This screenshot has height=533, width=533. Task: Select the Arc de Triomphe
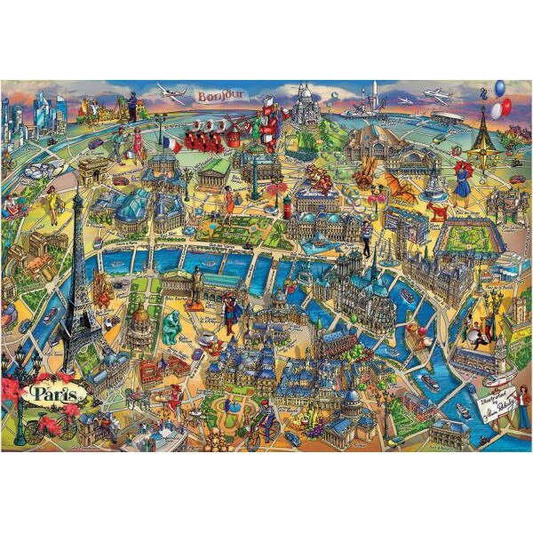(x=91, y=171)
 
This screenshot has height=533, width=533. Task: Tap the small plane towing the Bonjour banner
(x=171, y=94)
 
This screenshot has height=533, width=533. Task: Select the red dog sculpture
(x=436, y=210)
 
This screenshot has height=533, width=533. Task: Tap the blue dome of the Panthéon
(x=352, y=398)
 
